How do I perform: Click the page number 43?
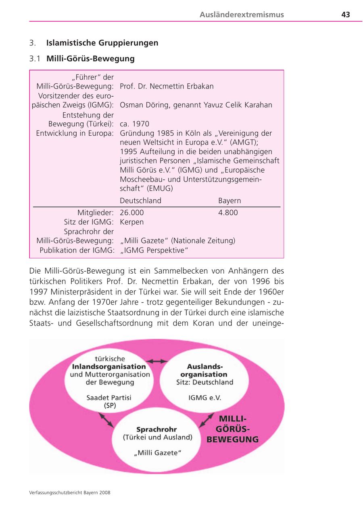click(x=345, y=15)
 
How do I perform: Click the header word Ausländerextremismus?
click(x=242, y=15)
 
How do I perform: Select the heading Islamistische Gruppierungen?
click(x=102, y=43)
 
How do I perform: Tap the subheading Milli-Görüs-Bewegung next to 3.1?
click(x=90, y=59)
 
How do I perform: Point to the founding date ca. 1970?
click(x=134, y=124)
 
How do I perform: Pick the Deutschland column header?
click(x=140, y=200)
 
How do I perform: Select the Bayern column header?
click(x=229, y=200)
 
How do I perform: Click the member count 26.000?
click(x=131, y=213)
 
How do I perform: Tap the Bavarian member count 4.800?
click(x=228, y=213)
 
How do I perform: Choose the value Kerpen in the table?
click(x=131, y=222)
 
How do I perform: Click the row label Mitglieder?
click(x=95, y=213)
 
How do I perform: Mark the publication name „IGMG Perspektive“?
click(x=154, y=250)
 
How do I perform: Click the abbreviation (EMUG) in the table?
click(x=159, y=188)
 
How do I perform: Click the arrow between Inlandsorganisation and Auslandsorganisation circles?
click(x=157, y=361)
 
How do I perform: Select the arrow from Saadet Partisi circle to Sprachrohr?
click(x=106, y=420)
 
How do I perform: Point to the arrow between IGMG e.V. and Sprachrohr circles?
click(x=206, y=420)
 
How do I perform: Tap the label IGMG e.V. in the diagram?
click(x=204, y=398)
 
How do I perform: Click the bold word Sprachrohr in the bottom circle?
click(x=156, y=429)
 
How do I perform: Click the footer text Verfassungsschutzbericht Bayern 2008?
click(x=70, y=492)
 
